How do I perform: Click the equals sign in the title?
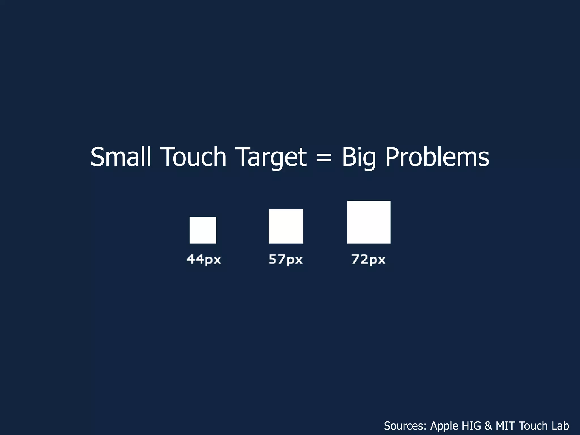coord(324,157)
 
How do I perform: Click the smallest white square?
coord(203,230)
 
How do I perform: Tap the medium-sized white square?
coord(286,226)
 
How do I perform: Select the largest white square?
coord(369,222)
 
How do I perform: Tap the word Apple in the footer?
coord(444,426)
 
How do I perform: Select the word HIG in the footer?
coord(472,426)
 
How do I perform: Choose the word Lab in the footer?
coord(560,426)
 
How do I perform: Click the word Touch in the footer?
coord(534,426)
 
